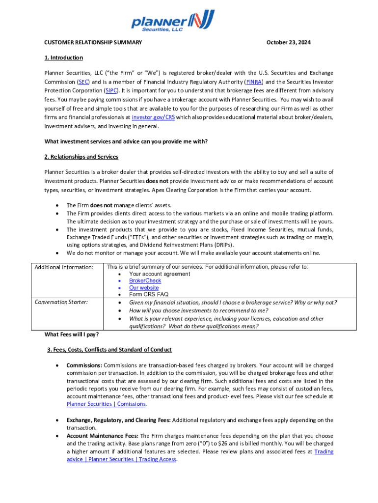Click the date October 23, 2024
[x=289, y=43]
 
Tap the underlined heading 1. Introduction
[x=63, y=58]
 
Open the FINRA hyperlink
[x=254, y=82]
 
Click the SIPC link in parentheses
[x=112, y=91]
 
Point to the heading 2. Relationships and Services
[x=81, y=157]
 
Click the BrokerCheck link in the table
[x=145, y=281]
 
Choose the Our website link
[x=144, y=288]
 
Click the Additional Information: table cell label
[x=64, y=267]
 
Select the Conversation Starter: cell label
[x=61, y=302]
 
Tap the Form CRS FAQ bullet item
[x=149, y=295]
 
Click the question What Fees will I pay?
[x=72, y=335]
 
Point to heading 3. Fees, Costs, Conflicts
[x=109, y=350]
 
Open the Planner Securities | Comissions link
[x=106, y=404]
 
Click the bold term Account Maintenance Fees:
[x=103, y=436]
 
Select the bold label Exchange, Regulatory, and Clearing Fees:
[x=118, y=420]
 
